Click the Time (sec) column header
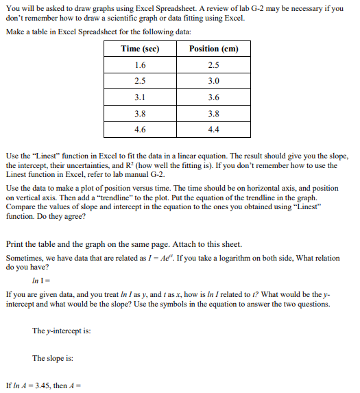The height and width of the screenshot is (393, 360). [x=140, y=49]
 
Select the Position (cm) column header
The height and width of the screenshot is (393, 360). [x=213, y=49]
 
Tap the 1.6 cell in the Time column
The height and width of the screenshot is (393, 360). [x=140, y=64]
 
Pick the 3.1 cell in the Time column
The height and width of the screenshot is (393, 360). [x=140, y=97]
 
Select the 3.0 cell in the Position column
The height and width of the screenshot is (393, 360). [x=213, y=80]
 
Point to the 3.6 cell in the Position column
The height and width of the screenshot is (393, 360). [x=213, y=97]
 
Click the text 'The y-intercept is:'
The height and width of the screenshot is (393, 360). [x=62, y=331]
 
